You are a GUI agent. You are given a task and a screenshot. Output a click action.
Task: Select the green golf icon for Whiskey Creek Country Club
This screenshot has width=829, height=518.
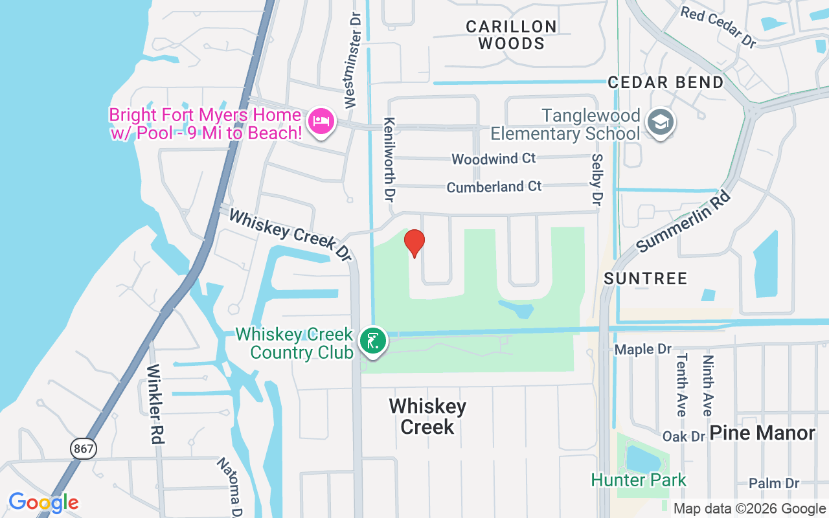tap(372, 341)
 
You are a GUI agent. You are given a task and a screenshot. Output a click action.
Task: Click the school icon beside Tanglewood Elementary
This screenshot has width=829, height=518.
tap(661, 122)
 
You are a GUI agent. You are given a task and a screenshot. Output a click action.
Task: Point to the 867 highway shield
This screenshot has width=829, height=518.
tap(84, 448)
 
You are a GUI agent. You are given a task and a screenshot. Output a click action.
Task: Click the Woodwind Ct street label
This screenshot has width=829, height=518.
tap(494, 159)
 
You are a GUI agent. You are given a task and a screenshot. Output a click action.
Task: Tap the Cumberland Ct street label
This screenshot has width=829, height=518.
tap(494, 187)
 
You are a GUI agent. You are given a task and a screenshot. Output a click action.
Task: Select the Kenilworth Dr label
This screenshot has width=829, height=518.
tap(389, 159)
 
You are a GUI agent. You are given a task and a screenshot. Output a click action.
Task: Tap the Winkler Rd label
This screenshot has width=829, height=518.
tap(154, 404)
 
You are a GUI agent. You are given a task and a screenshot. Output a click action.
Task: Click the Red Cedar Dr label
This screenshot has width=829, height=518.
tap(718, 27)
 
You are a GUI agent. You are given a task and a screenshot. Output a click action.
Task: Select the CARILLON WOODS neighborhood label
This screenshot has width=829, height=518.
tap(512, 35)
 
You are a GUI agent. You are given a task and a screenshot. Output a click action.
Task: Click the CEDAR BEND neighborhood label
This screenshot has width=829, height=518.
tap(665, 82)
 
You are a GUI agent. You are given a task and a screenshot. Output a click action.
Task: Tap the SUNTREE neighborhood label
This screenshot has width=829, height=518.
tap(645, 278)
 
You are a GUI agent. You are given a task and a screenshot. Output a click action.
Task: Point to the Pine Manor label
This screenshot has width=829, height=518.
tap(762, 433)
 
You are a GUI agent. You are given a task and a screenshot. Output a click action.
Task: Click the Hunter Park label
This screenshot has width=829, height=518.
tap(639, 480)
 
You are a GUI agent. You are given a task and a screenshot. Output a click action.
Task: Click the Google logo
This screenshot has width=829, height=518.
tap(43, 502)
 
